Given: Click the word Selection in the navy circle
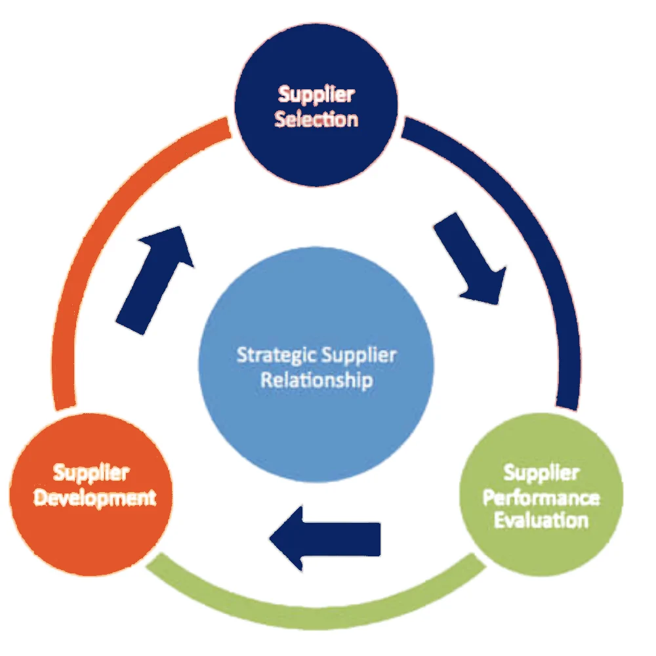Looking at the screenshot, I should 316,120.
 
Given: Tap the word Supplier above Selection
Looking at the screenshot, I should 316,94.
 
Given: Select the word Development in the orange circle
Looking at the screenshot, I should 95,497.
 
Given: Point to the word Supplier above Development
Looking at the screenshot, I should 91,472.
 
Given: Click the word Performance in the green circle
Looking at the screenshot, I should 541,497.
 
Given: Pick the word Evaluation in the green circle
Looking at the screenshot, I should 541,521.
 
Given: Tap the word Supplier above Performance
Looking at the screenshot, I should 541,472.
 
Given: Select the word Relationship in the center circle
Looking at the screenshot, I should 316,380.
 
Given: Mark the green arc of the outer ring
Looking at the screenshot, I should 315,607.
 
